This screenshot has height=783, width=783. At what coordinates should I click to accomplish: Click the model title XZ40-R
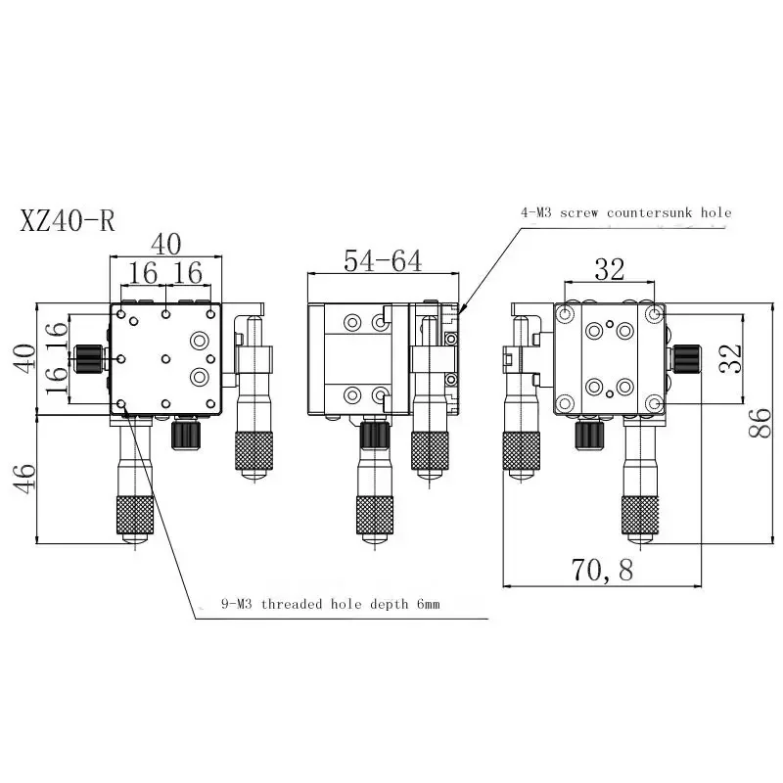click(68, 220)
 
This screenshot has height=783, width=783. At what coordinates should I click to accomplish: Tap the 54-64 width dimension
click(383, 260)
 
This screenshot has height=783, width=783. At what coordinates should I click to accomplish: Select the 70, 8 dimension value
click(602, 570)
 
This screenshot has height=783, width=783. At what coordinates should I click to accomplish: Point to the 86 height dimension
click(760, 423)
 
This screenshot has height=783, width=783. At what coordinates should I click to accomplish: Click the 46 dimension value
click(24, 479)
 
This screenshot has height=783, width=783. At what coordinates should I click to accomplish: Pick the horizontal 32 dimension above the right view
click(609, 269)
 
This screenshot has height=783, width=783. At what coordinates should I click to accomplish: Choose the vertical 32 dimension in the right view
click(730, 358)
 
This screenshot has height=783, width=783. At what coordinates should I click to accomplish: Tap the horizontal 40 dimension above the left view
click(165, 244)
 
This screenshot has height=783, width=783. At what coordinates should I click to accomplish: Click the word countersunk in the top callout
click(650, 212)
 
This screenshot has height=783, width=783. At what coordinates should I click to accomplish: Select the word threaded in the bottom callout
click(292, 604)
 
